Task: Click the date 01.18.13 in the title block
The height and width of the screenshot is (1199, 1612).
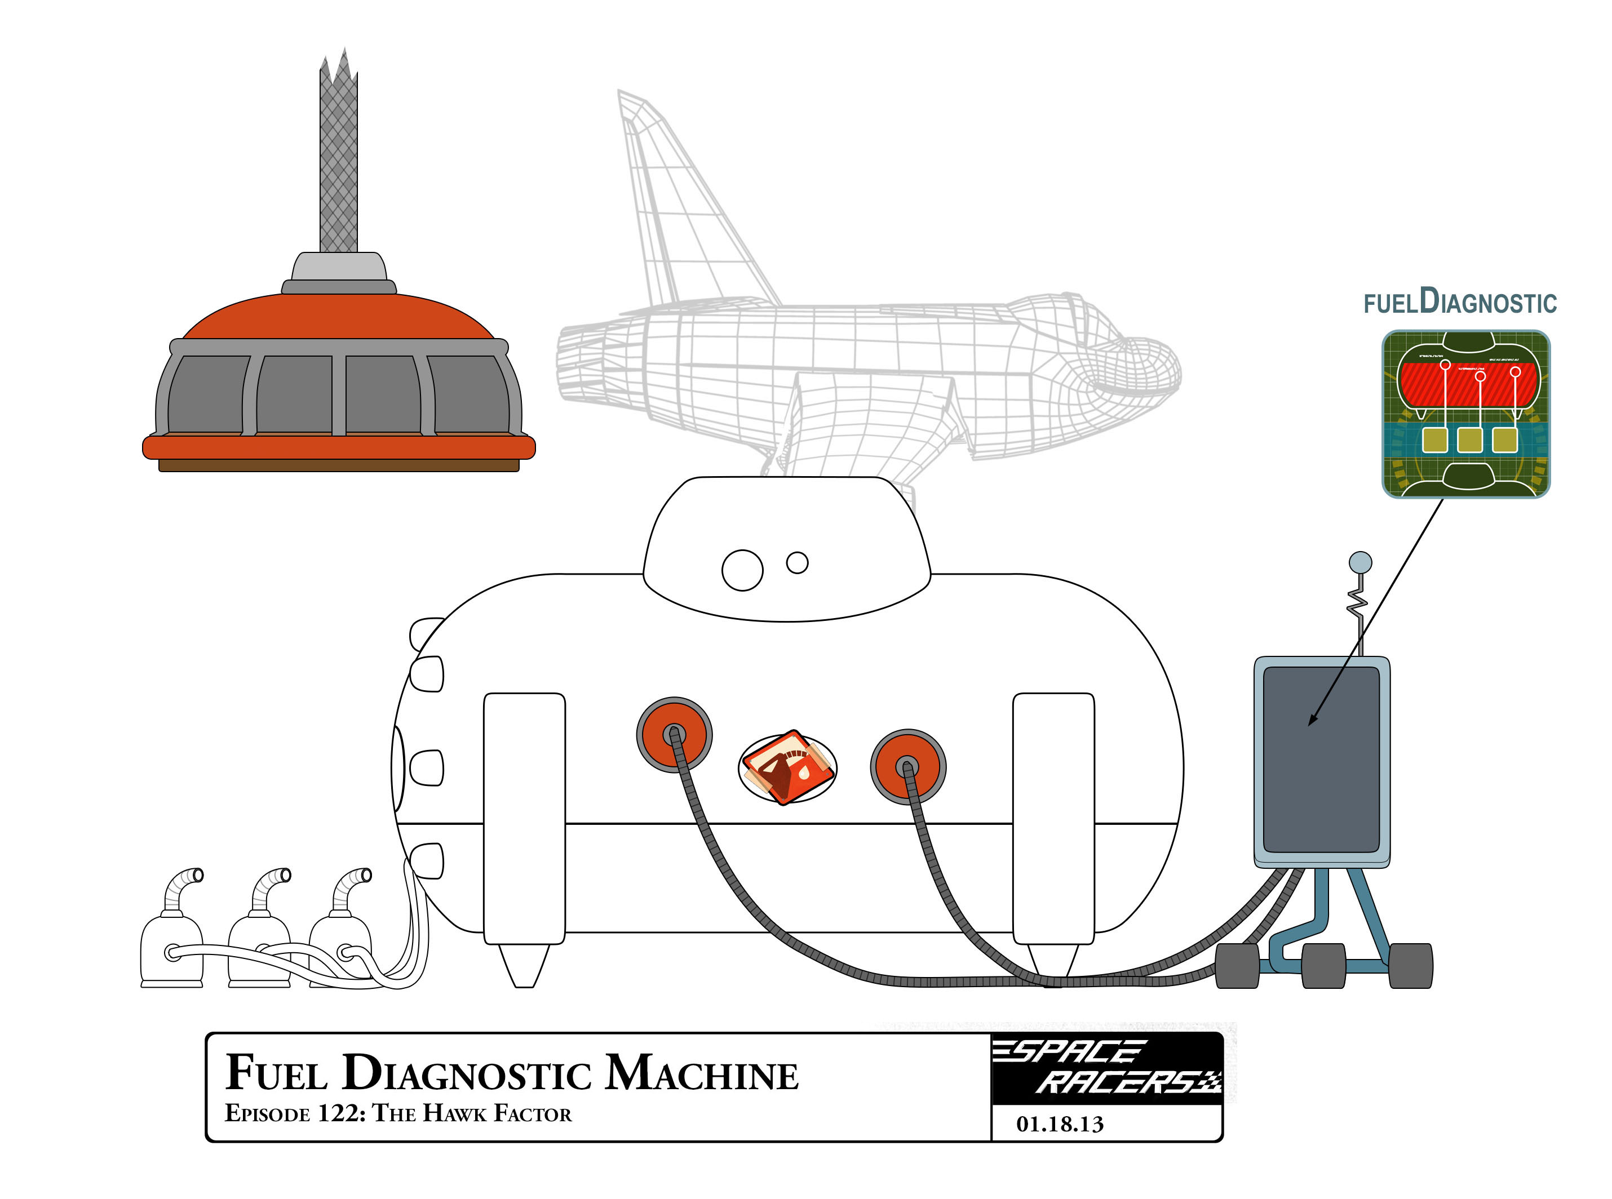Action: pos(1060,1124)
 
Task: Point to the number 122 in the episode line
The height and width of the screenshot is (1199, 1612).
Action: pos(338,1113)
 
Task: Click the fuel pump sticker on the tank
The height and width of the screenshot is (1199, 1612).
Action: pos(787,767)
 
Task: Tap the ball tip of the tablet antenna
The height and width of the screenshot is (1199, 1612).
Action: pos(1359,562)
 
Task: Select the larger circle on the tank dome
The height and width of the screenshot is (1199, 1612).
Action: pos(742,570)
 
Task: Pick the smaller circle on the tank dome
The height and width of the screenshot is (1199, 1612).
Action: pos(798,562)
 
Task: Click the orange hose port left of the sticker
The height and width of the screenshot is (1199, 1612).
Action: pos(674,734)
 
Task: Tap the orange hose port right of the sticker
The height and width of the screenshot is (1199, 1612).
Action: pos(907,766)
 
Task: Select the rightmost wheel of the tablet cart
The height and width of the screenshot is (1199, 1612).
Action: pos(1410,965)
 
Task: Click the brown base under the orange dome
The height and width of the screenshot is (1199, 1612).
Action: pos(338,465)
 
